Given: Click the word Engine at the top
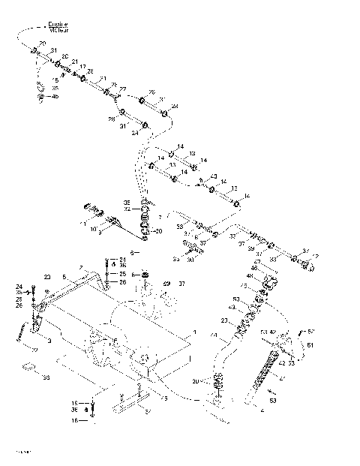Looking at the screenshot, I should click(x=58, y=25).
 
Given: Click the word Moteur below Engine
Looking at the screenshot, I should click(x=58, y=31).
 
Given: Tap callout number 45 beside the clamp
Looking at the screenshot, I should click(x=55, y=97).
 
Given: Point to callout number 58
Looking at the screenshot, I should click(x=46, y=377).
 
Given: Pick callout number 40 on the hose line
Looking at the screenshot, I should click(x=214, y=177).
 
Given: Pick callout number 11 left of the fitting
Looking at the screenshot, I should click(x=84, y=224).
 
